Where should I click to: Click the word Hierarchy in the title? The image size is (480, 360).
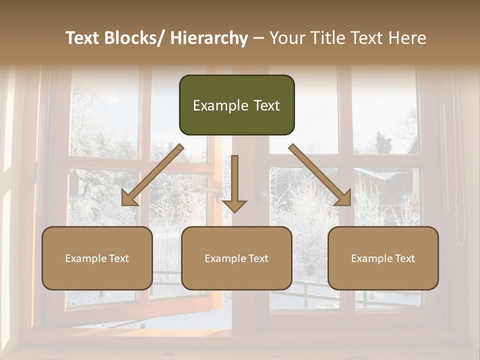pos(209,38)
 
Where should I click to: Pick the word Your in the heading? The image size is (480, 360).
pos(286,38)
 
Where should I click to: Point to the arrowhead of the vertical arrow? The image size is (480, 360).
pos(234,206)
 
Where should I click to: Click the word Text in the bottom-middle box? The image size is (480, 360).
pos(258,258)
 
